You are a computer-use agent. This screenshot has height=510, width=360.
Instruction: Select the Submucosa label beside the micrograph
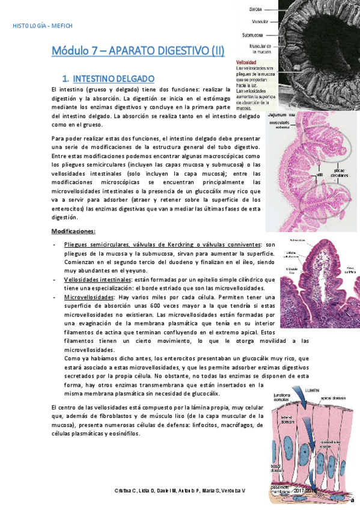[251, 35]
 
